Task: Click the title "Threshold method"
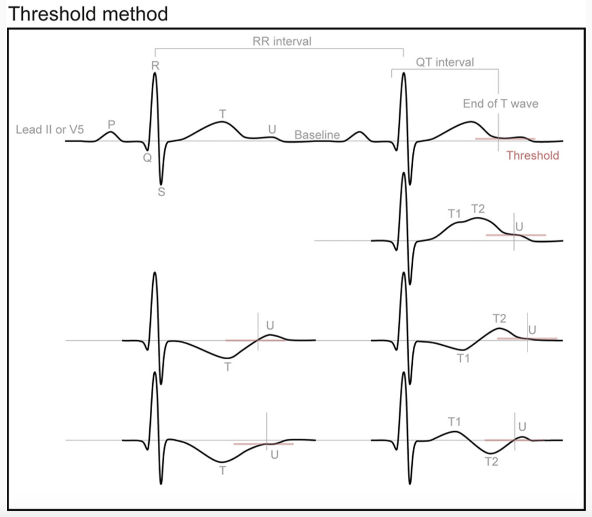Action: (x=88, y=14)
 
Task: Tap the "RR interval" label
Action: (x=282, y=41)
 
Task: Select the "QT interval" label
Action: (x=445, y=62)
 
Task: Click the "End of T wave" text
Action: (x=500, y=103)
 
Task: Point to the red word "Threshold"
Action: (x=533, y=155)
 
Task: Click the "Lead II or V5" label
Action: (x=50, y=129)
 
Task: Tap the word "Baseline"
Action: (x=317, y=134)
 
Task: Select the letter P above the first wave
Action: (x=111, y=124)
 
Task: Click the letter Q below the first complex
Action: (x=147, y=158)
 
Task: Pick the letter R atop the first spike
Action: (x=155, y=66)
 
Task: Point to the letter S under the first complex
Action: (x=161, y=192)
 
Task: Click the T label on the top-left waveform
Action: (x=223, y=114)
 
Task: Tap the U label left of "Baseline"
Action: (x=272, y=129)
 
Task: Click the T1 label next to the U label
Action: (x=454, y=213)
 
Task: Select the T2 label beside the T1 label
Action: (x=478, y=209)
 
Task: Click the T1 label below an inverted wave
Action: (x=463, y=358)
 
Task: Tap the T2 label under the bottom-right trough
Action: (x=491, y=461)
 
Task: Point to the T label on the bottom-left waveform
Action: (x=223, y=470)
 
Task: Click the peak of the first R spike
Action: (x=155, y=73)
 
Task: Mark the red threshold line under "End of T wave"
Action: (x=505, y=139)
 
